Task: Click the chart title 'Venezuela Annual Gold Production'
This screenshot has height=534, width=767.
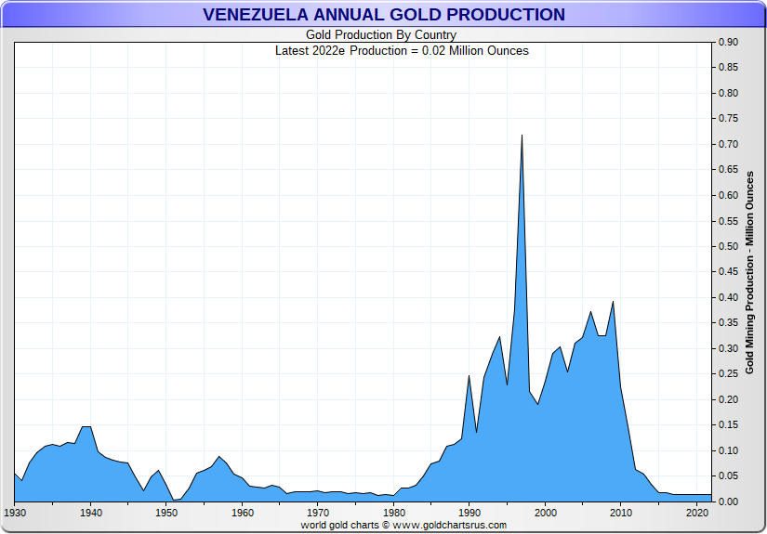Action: (383, 14)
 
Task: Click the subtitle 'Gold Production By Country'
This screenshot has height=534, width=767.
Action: (381, 35)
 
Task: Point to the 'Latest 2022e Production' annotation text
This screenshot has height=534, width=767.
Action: (402, 50)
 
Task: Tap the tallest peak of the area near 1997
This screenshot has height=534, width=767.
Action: (522, 137)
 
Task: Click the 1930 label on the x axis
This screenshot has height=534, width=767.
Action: (15, 512)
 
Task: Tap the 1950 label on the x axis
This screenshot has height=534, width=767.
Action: (166, 512)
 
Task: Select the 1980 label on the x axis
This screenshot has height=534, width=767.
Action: (393, 512)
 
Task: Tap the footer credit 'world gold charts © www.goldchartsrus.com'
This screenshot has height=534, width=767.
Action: (403, 525)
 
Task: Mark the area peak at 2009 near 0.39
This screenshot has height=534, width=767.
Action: (613, 303)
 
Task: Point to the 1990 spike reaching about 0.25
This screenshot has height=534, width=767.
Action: (469, 376)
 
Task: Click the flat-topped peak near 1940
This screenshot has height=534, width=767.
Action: (86, 427)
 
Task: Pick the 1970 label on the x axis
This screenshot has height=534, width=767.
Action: (318, 512)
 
